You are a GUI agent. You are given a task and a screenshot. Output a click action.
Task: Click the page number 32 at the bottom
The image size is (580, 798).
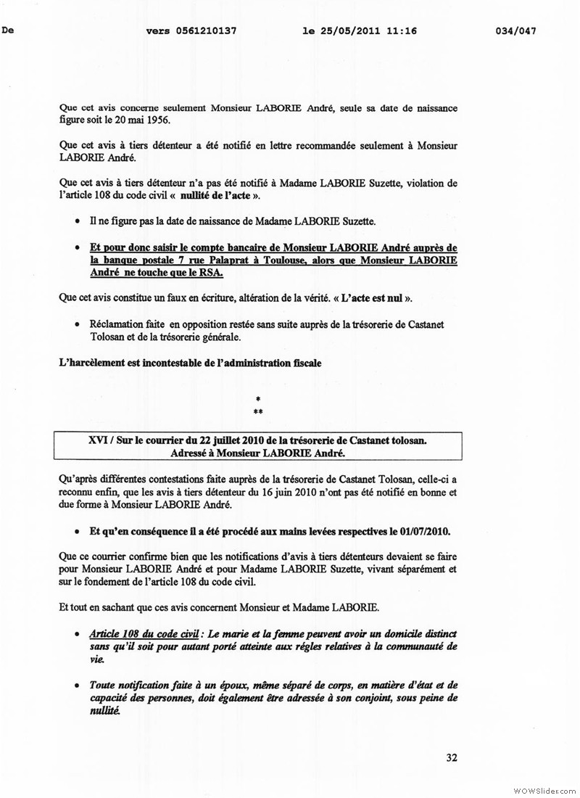(x=452, y=758)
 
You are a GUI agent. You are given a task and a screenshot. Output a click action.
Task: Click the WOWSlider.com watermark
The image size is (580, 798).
(x=544, y=788)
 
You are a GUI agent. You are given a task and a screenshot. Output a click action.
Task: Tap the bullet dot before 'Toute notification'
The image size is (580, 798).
(x=78, y=684)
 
